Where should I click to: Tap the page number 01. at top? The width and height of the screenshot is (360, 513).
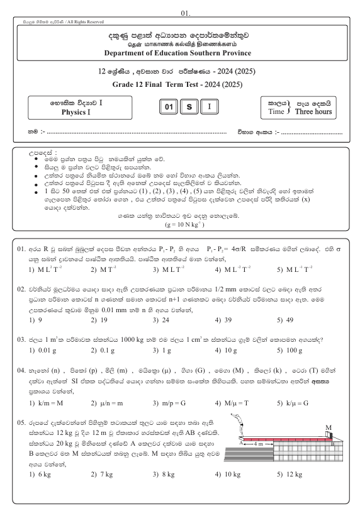point(181,5)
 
